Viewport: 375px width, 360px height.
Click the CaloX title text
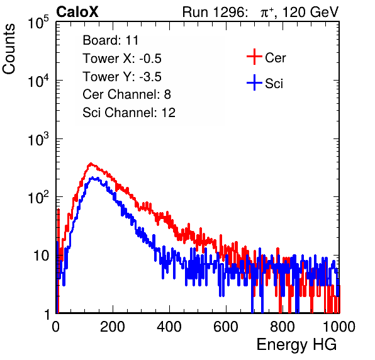[77, 12]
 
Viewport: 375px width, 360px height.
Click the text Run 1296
[214, 12]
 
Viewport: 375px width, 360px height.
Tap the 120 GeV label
[310, 12]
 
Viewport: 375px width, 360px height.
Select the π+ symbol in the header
[267, 12]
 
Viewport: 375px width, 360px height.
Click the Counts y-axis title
[9, 49]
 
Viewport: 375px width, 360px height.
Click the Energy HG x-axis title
[296, 345]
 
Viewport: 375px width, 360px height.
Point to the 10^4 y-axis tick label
[38, 81]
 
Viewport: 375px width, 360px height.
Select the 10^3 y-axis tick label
[38, 139]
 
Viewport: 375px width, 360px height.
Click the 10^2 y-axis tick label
[38, 198]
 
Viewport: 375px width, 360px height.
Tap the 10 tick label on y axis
[41, 256]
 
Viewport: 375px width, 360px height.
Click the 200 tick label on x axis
[113, 327]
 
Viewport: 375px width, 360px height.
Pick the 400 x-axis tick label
[169, 327]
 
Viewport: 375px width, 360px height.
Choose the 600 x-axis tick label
[226, 327]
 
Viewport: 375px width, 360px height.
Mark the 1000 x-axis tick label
[339, 327]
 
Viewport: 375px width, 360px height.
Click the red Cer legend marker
[254, 57]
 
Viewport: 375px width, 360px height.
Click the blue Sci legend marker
[254, 83]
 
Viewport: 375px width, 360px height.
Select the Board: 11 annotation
[111, 40]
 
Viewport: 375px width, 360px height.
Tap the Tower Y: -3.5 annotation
[122, 77]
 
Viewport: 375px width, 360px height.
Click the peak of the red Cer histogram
[91, 164]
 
